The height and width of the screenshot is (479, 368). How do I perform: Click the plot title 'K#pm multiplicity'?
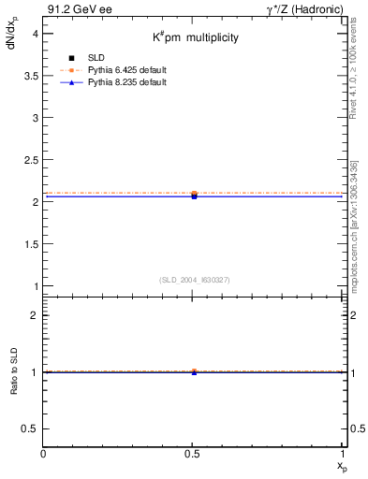[x=197, y=38]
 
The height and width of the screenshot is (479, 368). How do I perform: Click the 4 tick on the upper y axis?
[x=35, y=33]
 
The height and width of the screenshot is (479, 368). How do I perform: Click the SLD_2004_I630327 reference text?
[x=195, y=280]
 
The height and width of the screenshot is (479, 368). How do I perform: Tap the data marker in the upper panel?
[x=194, y=195]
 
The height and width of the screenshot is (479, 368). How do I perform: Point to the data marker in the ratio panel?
[x=194, y=371]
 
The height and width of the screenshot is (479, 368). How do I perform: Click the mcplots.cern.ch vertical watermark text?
[x=356, y=215]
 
